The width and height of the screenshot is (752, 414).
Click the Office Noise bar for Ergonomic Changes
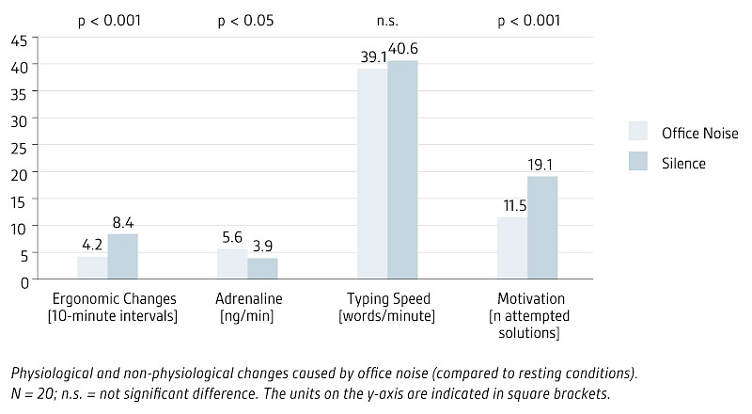(x=92, y=268)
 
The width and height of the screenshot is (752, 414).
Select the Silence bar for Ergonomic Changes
(x=122, y=257)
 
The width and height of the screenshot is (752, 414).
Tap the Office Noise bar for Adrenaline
(x=232, y=264)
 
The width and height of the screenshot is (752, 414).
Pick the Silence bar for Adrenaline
(x=262, y=268)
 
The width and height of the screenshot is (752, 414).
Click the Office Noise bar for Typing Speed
(x=372, y=174)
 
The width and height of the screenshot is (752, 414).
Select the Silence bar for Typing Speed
(x=402, y=170)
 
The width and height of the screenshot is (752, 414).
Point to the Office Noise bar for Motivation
(x=512, y=248)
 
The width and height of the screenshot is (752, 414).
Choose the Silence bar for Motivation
(x=542, y=228)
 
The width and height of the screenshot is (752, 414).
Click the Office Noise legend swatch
(x=639, y=132)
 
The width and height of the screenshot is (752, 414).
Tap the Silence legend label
(x=683, y=163)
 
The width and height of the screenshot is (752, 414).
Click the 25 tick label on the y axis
(x=19, y=146)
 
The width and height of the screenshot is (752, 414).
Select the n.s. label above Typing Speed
(x=387, y=19)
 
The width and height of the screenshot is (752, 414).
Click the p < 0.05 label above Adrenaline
(x=246, y=19)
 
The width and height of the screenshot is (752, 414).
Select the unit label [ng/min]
(x=246, y=315)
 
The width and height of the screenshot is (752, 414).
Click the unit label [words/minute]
(x=387, y=315)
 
